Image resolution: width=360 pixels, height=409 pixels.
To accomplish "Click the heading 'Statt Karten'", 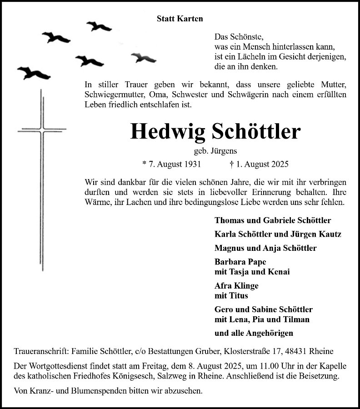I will point(180,19).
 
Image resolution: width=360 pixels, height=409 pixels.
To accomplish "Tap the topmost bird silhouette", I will point(99,26).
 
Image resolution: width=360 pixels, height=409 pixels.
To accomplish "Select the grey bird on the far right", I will point(144,57).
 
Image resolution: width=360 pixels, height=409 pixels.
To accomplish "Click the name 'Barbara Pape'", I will point(234,262).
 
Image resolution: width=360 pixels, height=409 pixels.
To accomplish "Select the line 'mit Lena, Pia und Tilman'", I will point(262,319).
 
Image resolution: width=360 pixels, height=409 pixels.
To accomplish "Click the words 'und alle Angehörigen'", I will point(254,333).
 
